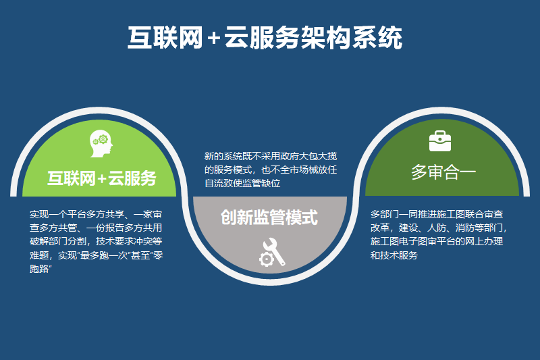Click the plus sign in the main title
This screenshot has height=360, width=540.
tap(214, 38)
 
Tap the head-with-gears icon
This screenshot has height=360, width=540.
tap(101, 144)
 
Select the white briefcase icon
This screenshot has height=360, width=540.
tap(440, 141)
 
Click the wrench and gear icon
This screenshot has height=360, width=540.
tap(272, 252)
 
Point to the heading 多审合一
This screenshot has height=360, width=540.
tap(443, 172)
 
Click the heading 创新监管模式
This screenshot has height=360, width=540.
tap(269, 217)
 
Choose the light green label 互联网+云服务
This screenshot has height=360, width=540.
tap(102, 178)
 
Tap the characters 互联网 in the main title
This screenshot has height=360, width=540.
tap(165, 38)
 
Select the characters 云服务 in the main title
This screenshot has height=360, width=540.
tap(262, 38)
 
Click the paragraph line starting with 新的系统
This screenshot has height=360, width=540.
tap(271, 157)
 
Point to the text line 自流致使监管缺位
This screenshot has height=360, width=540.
tap(242, 183)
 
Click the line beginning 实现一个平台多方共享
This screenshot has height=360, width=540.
tap(96, 214)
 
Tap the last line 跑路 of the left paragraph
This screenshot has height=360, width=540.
tap(40, 269)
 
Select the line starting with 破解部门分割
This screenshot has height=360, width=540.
tap(96, 242)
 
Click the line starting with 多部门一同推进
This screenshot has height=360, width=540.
tap(437, 214)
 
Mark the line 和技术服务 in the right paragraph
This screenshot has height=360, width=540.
tap(394, 255)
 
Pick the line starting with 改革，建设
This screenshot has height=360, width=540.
tap(439, 228)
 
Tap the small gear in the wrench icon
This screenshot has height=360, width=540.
tap(266, 259)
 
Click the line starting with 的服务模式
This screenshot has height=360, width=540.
tap(271, 170)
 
